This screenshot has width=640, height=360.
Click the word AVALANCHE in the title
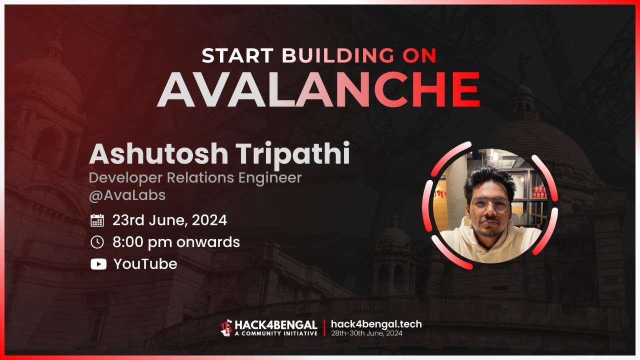318,90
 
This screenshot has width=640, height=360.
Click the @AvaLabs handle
127,195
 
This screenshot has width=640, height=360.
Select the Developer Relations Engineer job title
195,177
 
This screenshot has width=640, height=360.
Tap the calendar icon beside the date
97,220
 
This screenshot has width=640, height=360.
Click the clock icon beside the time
97,242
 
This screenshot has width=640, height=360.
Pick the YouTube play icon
98,264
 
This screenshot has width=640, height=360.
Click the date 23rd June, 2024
169,220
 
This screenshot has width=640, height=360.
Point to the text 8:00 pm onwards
176,242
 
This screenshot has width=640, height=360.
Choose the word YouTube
145,264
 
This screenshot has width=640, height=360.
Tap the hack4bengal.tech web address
376,324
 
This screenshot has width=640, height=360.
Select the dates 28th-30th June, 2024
366,333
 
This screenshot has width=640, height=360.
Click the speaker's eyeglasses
490,204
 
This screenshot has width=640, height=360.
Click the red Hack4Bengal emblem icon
226,328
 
